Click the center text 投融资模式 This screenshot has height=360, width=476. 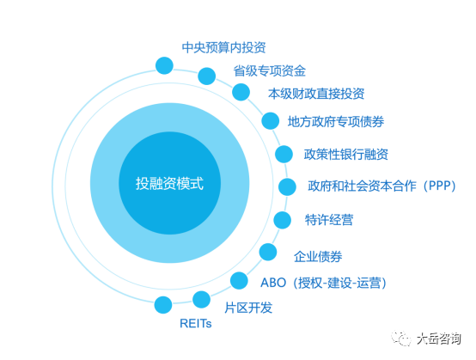coord(169,183)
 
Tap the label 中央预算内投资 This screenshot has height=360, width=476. coord(223,47)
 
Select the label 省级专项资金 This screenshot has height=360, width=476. coord(269,71)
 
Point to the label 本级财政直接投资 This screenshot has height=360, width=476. coord(316,94)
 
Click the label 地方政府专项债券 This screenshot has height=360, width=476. coord(336,122)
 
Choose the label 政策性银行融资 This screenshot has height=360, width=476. coord(346,154)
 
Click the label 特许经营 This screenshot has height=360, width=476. coord(329,220)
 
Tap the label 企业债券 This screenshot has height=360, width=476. coord(318,257)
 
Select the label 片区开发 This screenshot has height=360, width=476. coord(248,308)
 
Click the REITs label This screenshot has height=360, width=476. coord(196,324)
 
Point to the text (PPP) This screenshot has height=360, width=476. coord(440,186)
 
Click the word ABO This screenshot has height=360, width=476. coord(273,283)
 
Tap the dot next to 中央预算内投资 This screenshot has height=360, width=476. coord(164,65)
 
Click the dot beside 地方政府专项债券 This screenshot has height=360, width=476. coord(270,121)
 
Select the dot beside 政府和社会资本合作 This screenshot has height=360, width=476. coord(287,186)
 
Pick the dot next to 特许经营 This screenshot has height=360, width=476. coord(283,220)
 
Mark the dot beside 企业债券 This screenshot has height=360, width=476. coord(268,252)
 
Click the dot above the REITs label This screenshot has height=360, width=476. coord(163,305)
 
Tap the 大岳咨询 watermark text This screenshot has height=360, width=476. coord(439,339)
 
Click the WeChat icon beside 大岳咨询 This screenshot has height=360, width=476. coord(401,339)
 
